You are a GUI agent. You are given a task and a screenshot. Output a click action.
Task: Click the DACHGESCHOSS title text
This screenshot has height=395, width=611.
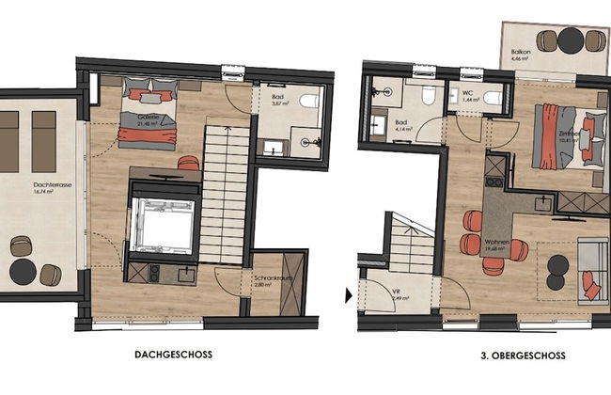click(x=173, y=355)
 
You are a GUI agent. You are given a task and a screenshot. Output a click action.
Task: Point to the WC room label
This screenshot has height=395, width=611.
click(x=467, y=93)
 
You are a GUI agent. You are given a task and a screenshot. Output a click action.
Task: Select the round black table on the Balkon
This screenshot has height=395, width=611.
click(x=572, y=39)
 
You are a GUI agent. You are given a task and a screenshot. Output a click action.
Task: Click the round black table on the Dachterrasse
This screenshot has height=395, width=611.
click(x=23, y=273)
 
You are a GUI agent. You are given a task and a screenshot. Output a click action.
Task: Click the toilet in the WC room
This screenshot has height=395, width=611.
click(x=491, y=96)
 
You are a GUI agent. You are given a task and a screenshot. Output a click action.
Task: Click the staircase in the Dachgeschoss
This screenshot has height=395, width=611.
click(x=225, y=193)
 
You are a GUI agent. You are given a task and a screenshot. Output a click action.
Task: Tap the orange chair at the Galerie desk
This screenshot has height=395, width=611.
click(x=188, y=164)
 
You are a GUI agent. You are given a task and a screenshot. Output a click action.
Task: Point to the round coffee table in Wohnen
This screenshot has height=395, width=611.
click(x=558, y=265)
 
